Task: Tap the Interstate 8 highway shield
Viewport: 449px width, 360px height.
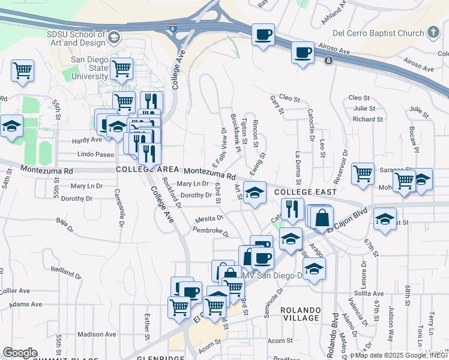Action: (174, 28)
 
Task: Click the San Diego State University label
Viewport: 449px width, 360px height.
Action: (90, 68)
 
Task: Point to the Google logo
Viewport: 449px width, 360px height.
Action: (20, 353)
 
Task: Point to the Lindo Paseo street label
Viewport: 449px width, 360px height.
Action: (95, 155)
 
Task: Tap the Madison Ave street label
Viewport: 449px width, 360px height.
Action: (97, 334)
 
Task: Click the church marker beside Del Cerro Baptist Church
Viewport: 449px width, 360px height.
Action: (433, 33)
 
